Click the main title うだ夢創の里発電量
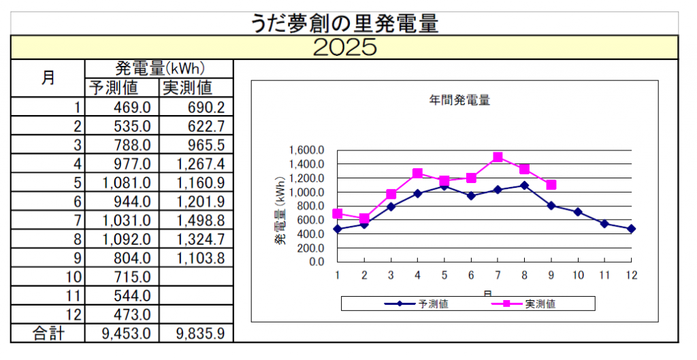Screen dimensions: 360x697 coord(344,23)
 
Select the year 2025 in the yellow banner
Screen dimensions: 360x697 coord(345,47)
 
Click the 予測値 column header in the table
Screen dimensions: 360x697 coord(114,88)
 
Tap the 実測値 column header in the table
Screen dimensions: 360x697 coord(187,88)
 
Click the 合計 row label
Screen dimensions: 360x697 coord(48,333)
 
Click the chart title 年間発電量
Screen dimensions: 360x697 coord(459,100)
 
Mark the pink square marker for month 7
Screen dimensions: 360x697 coord(498,157)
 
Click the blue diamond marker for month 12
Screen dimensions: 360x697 coord(631,229)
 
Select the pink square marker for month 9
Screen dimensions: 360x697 coord(551,184)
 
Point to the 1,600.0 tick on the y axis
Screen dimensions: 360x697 coord(306,150)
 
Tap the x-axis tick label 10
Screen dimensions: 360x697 coord(577,274)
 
